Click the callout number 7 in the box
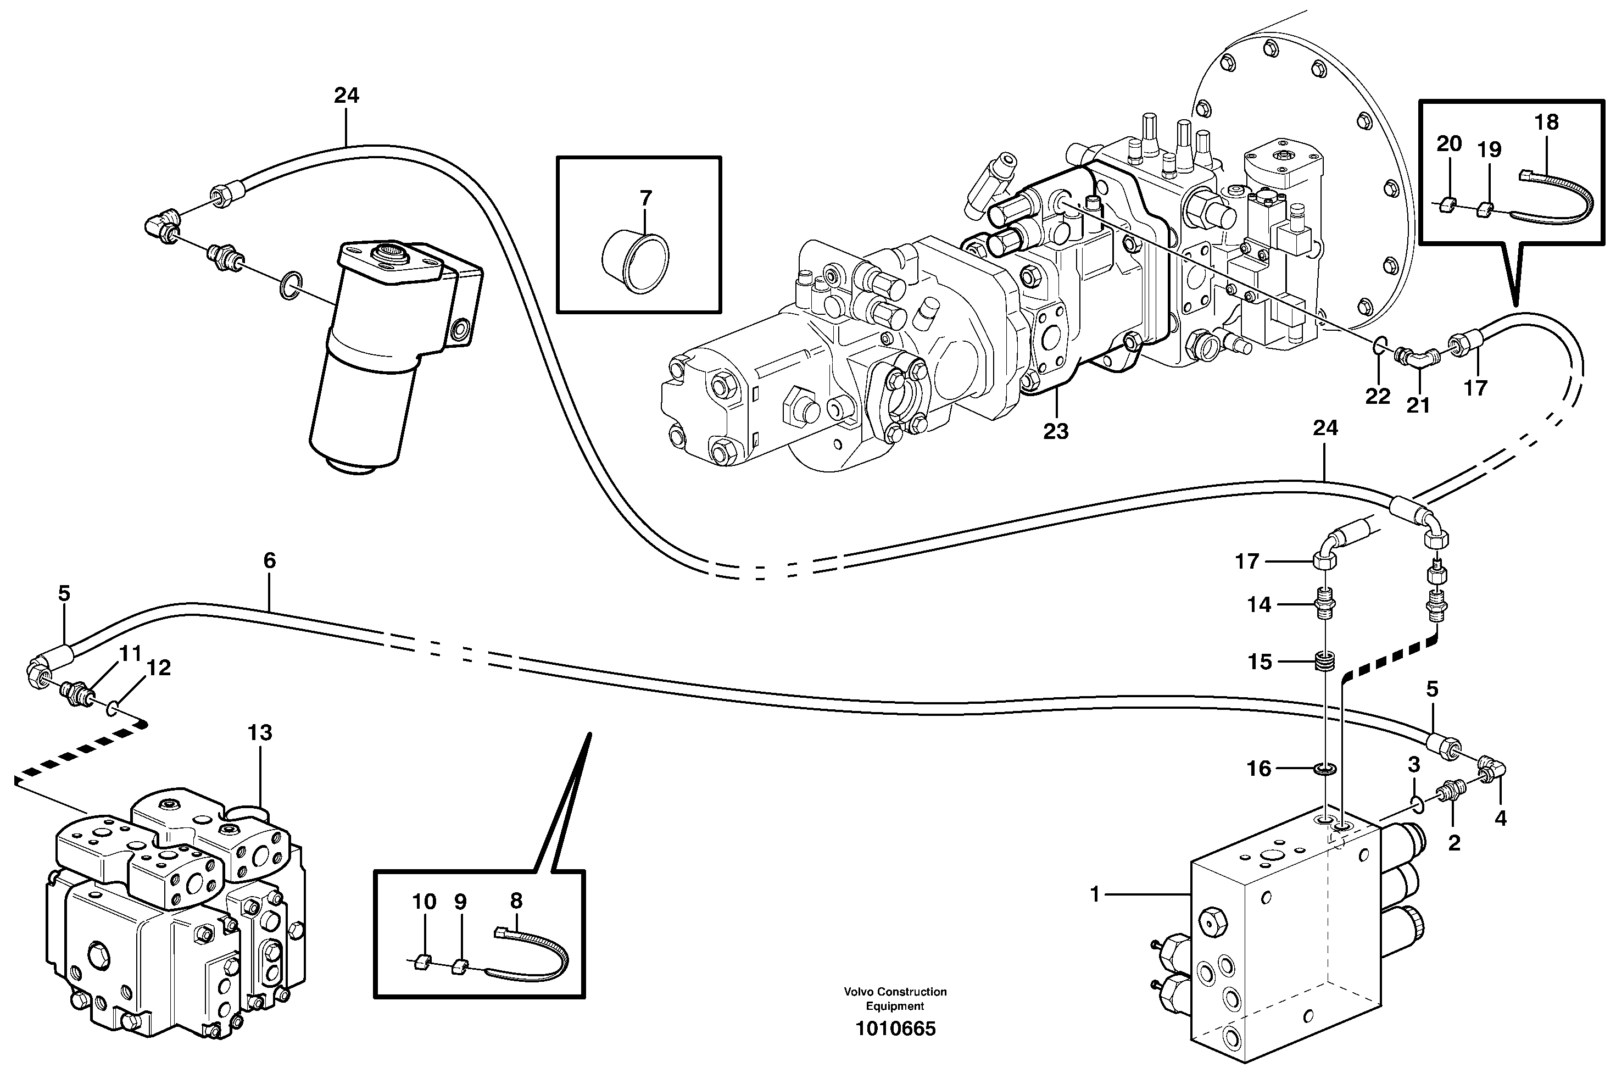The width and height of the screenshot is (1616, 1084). (x=645, y=198)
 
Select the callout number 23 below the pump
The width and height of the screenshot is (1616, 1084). (x=1055, y=431)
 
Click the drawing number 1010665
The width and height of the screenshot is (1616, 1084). (x=895, y=1029)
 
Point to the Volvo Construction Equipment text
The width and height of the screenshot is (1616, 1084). (x=895, y=998)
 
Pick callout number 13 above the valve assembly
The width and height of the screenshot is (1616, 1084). (x=260, y=733)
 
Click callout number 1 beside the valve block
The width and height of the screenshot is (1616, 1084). (x=1094, y=894)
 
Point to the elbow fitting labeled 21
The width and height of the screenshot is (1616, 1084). (x=1417, y=359)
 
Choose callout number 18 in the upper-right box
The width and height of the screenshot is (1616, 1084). (x=1546, y=123)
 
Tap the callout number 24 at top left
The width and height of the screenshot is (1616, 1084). (x=346, y=96)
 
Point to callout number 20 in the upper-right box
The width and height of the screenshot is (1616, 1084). (x=1448, y=144)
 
